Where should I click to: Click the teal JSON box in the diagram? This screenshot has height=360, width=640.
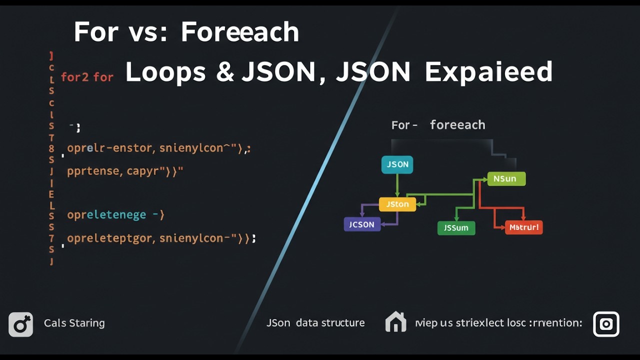pyautogui.click(x=397, y=164)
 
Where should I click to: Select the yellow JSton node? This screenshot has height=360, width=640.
pyautogui.click(x=397, y=204)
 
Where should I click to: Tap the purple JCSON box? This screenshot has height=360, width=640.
pyautogui.click(x=362, y=224)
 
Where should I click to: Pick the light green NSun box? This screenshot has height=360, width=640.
pyautogui.click(x=506, y=178)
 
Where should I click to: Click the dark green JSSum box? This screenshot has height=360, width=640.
pyautogui.click(x=456, y=228)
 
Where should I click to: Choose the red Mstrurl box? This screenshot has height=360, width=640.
pyautogui.click(x=523, y=227)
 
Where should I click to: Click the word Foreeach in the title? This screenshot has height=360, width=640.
pyautogui.click(x=239, y=32)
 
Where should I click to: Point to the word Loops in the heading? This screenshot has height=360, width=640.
pyautogui.click(x=165, y=72)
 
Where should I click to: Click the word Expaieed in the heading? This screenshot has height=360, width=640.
pyautogui.click(x=488, y=72)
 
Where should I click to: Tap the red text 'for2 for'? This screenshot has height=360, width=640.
pyautogui.click(x=87, y=77)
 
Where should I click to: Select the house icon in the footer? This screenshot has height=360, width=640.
pyautogui.click(x=395, y=322)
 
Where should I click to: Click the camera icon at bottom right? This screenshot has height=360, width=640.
pyautogui.click(x=606, y=324)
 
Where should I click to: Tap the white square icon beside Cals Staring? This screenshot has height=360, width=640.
pyautogui.click(x=21, y=324)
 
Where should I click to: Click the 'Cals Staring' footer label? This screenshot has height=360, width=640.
pyautogui.click(x=74, y=323)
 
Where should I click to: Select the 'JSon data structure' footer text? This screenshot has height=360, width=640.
pyautogui.click(x=315, y=323)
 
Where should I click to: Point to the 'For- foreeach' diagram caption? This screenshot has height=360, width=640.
pyautogui.click(x=438, y=125)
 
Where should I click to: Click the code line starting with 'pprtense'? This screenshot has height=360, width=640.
pyautogui.click(x=125, y=171)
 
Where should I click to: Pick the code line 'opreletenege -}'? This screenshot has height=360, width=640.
pyautogui.click(x=115, y=215)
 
